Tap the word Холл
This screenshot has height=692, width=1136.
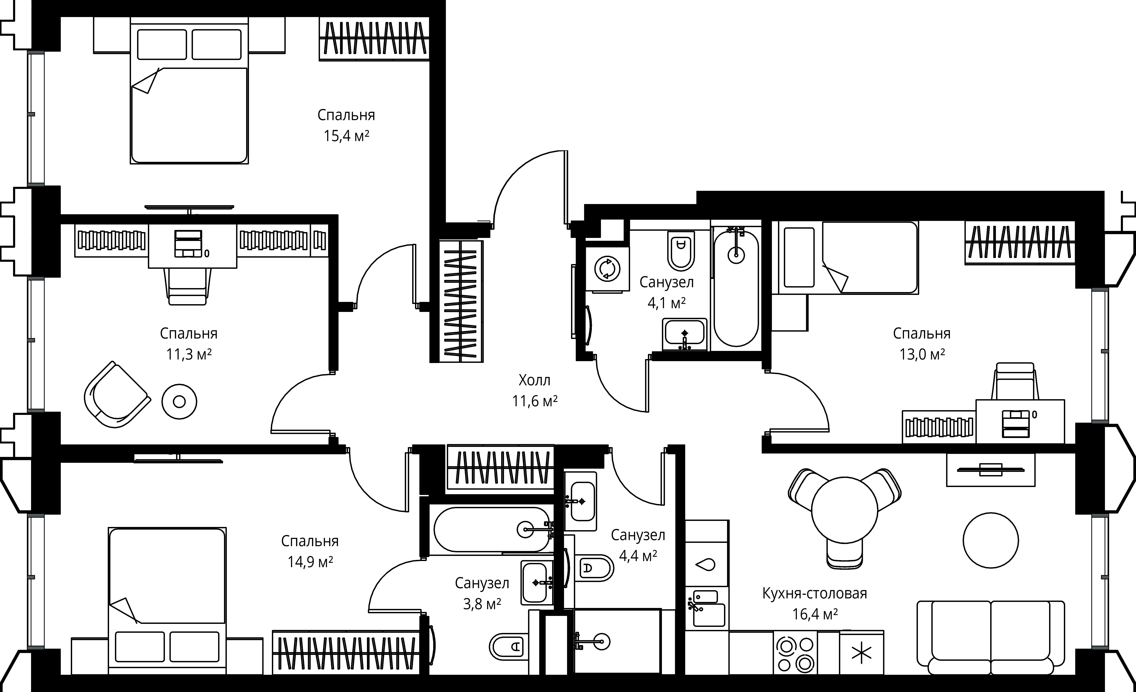coord(534,380)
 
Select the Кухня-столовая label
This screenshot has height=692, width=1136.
coord(815,593)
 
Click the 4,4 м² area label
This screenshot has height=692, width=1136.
coord(638,556)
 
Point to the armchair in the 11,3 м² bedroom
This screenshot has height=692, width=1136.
coord(117,395)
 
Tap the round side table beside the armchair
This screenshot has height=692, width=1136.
coord(179,402)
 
